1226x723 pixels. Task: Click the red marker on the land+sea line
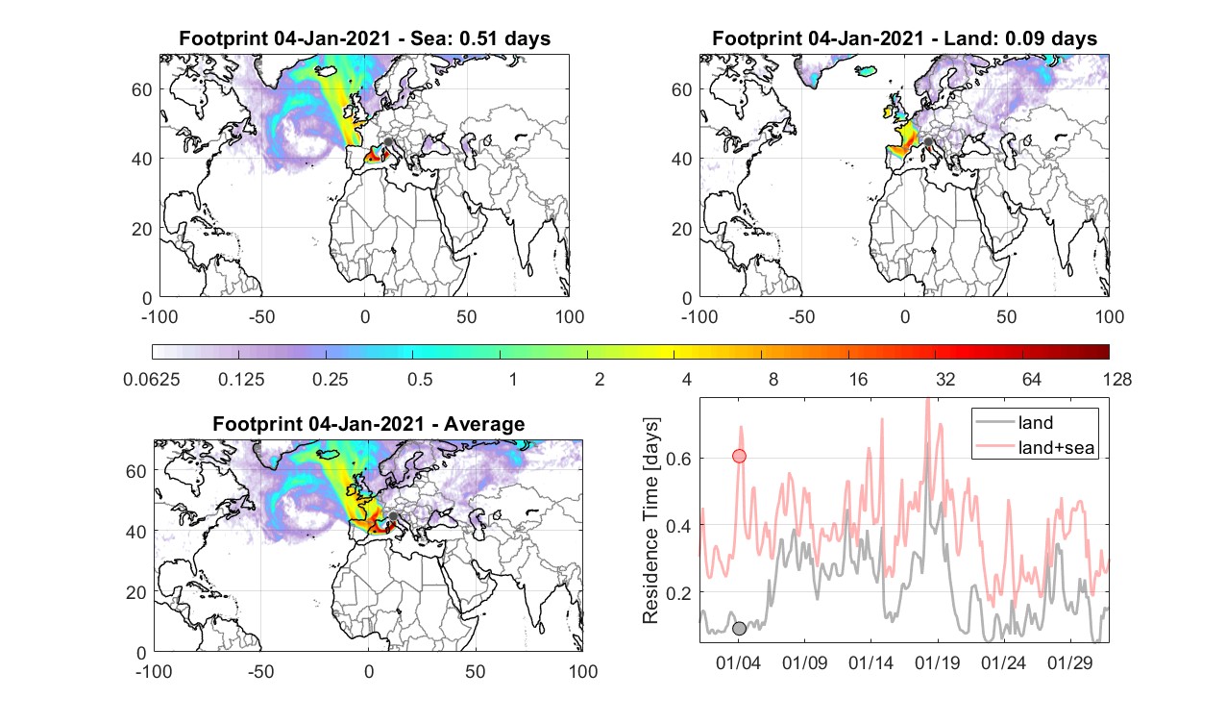click(739, 456)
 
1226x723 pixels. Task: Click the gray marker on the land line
click(739, 628)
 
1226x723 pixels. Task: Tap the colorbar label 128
click(1116, 379)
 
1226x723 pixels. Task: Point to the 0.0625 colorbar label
click(152, 379)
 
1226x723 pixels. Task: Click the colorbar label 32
click(944, 379)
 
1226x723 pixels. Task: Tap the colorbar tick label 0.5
click(420, 379)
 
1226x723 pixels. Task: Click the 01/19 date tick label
click(938, 662)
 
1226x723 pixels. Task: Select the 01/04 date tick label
click(738, 662)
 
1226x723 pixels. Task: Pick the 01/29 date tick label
click(1070, 662)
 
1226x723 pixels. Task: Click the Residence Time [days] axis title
click(650, 520)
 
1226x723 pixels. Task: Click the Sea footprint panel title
click(364, 38)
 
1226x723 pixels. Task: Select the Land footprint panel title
click(905, 38)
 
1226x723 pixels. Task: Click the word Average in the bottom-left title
click(484, 423)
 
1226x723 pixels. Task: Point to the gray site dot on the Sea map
click(388, 142)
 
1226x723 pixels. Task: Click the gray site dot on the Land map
click(928, 142)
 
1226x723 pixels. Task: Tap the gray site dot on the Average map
click(393, 516)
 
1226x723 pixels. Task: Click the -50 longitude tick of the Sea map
click(261, 316)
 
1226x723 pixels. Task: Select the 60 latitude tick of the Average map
click(136, 471)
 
